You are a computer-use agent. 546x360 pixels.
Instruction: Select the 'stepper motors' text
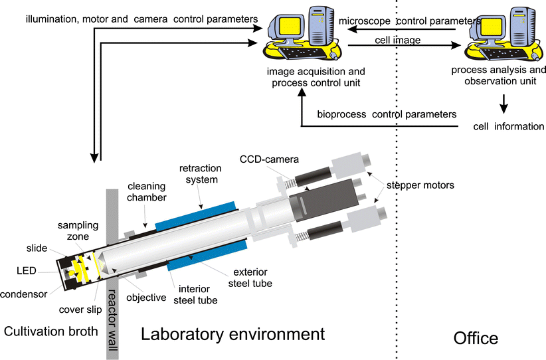pos(422,185)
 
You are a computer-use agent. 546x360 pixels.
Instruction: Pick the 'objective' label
pos(145,297)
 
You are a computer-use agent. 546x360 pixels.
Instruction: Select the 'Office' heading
pos(476,338)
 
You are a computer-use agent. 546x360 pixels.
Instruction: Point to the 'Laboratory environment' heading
pos(232,334)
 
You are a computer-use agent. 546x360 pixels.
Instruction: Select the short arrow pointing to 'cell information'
pos(504,103)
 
